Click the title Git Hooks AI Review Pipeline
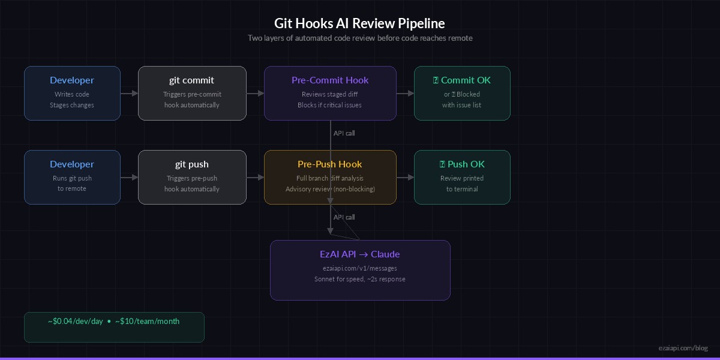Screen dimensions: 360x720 360,23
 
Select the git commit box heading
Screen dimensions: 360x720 191,80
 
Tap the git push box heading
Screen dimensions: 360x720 191,164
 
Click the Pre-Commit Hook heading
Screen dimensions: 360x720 330,80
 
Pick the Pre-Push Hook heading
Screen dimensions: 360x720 330,164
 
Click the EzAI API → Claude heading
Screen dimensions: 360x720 360,254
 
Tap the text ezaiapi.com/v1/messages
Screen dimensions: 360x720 360,268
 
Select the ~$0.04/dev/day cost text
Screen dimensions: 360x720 76,322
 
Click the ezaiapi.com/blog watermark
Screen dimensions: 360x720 683,348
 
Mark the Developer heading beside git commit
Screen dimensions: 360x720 72,80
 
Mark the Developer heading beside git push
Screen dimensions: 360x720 72,164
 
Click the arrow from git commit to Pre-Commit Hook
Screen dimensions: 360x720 255,93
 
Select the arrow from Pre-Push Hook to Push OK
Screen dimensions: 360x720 405,177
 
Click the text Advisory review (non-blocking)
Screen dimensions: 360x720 330,189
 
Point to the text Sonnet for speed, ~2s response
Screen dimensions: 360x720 360,279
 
